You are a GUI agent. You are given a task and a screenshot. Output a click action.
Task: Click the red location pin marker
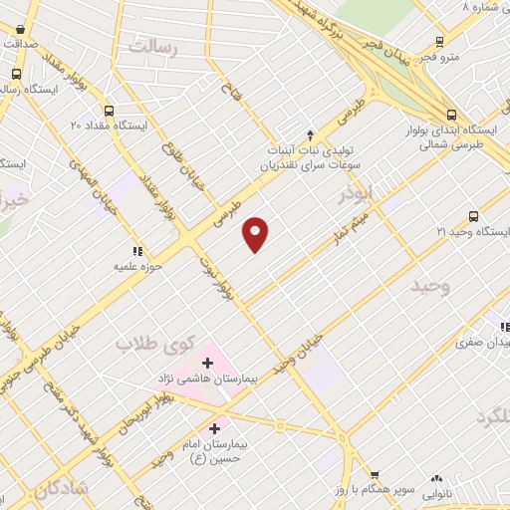[256, 233]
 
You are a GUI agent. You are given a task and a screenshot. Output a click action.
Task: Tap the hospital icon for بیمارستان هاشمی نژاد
[207, 362]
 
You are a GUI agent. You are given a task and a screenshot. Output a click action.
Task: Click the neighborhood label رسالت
[151, 47]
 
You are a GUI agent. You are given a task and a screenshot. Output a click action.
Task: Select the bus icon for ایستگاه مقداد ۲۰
[109, 112]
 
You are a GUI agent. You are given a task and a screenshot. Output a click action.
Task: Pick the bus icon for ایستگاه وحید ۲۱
[473, 216]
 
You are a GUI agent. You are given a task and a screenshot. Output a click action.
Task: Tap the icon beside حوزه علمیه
[137, 252]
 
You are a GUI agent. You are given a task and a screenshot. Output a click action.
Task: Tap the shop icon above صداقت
[21, 29]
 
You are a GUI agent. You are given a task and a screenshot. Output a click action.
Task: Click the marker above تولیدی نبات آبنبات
[311, 133]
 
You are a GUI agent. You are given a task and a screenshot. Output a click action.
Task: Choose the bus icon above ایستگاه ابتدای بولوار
[451, 115]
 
